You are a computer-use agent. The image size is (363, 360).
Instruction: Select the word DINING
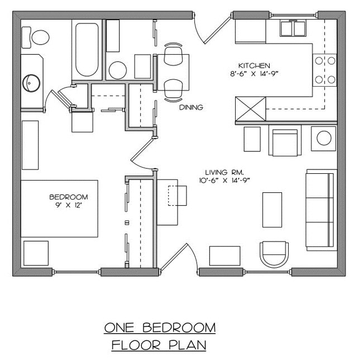tap(191, 107)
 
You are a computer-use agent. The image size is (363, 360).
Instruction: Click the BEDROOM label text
tap(69, 197)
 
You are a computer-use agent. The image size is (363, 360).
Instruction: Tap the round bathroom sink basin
tap(31, 83)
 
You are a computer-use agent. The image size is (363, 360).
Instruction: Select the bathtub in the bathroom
tap(87, 49)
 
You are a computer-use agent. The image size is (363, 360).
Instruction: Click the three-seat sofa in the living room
tap(320, 209)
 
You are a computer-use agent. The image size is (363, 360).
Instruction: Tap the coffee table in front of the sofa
tap(272, 209)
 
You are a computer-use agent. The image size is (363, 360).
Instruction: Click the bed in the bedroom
tap(60, 208)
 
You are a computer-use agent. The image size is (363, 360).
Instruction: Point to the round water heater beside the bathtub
tap(117, 70)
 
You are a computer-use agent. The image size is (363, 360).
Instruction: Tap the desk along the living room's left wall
tap(167, 202)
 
